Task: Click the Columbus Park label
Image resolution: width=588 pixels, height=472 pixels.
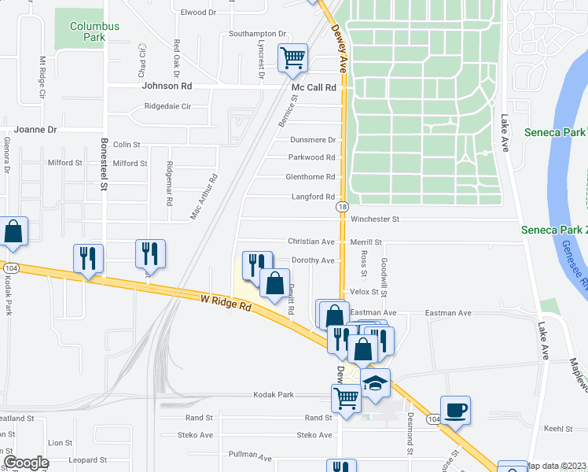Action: pyautogui.click(x=94, y=31)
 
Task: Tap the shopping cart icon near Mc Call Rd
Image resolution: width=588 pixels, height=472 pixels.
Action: pyautogui.click(x=292, y=57)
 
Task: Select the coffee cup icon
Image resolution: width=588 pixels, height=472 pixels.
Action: pyautogui.click(x=455, y=410)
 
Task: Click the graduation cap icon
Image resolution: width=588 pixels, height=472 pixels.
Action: pyautogui.click(x=376, y=383)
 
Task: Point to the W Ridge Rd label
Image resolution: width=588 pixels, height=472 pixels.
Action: pyautogui.click(x=226, y=302)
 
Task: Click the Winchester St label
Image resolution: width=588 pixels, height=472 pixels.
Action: pyautogui.click(x=375, y=219)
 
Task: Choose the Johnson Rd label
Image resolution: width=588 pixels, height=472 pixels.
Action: pyautogui.click(x=167, y=86)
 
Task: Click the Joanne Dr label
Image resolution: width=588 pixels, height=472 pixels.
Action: pyautogui.click(x=35, y=129)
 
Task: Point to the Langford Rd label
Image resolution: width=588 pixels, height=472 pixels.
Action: pyautogui.click(x=313, y=197)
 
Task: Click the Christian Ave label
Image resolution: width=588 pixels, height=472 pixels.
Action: pyautogui.click(x=311, y=242)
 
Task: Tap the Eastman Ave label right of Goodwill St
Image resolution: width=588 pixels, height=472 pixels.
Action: pyautogui.click(x=448, y=313)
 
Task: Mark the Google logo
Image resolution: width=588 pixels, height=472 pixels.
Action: pyautogui.click(x=26, y=463)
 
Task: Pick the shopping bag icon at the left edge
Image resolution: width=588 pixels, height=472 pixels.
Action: pyautogui.click(x=13, y=231)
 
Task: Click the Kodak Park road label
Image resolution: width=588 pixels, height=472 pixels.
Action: pyautogui.click(x=273, y=394)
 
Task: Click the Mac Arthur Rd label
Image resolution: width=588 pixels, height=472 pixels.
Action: pyautogui.click(x=204, y=197)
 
